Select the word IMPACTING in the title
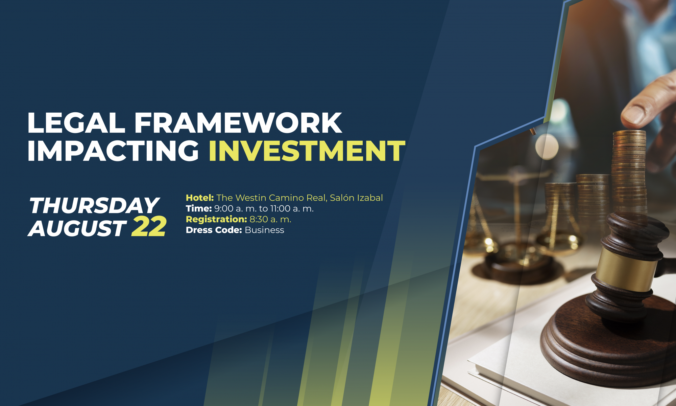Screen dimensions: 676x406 pyautogui.click(x=113, y=151)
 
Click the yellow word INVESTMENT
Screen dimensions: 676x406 pyautogui.click(x=307, y=151)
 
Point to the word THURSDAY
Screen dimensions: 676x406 pyautogui.click(x=94, y=205)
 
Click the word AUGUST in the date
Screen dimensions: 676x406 pyautogui.click(x=77, y=228)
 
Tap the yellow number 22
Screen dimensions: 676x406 pyautogui.click(x=149, y=227)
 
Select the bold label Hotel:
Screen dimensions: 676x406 pyautogui.click(x=200, y=198)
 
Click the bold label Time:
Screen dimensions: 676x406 pyautogui.click(x=199, y=209)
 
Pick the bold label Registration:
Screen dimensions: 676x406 pyautogui.click(x=216, y=220)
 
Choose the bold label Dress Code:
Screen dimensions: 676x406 pyautogui.click(x=214, y=230)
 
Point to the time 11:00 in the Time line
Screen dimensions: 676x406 pyautogui.click(x=280, y=209)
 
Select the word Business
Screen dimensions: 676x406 pyautogui.click(x=264, y=230)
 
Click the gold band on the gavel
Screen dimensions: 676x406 pyautogui.click(x=626, y=270)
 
